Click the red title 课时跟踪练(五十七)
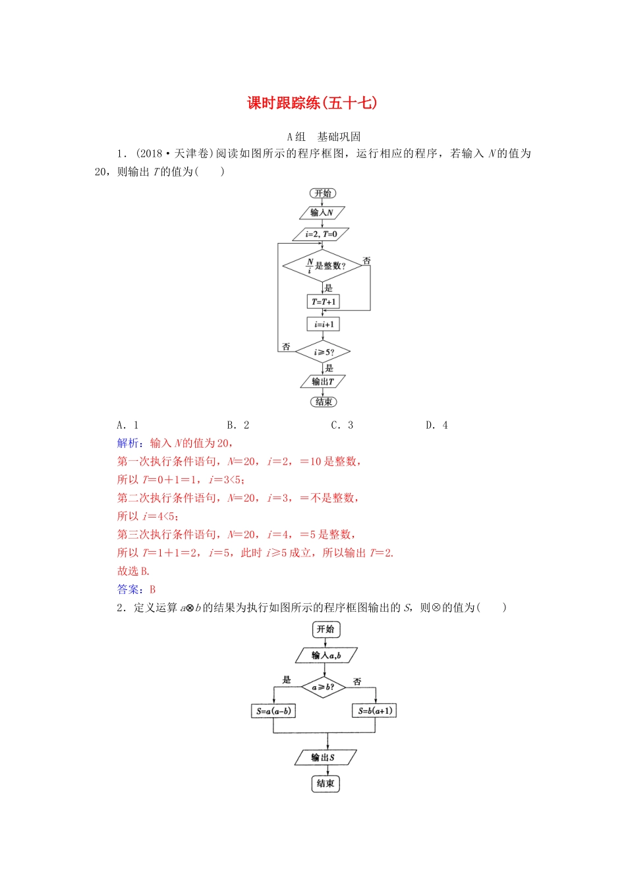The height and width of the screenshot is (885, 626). click(312, 103)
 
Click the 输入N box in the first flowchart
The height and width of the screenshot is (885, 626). click(322, 213)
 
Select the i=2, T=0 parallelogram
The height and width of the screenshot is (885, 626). click(322, 234)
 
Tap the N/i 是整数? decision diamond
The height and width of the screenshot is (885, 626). click(323, 265)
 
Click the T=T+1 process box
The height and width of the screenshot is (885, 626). click(324, 302)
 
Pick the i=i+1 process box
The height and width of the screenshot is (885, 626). click(324, 324)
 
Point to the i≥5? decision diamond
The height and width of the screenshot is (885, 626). click(323, 352)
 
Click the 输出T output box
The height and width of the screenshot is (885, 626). click(323, 381)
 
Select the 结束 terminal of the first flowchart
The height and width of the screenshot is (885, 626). click(324, 402)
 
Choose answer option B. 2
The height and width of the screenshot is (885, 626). click(239, 425)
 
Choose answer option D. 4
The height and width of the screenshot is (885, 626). click(437, 425)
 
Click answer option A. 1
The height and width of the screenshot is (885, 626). click(128, 425)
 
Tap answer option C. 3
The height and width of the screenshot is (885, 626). click(342, 425)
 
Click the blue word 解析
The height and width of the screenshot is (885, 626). click(128, 443)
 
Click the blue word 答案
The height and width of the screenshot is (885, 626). click(128, 589)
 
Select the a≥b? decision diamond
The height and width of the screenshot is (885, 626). click(324, 687)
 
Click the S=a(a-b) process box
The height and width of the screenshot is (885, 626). click(273, 711)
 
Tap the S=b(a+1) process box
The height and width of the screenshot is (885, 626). click(375, 711)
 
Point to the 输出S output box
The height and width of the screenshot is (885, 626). click(325, 757)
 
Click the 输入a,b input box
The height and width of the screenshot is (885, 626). click(326, 655)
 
